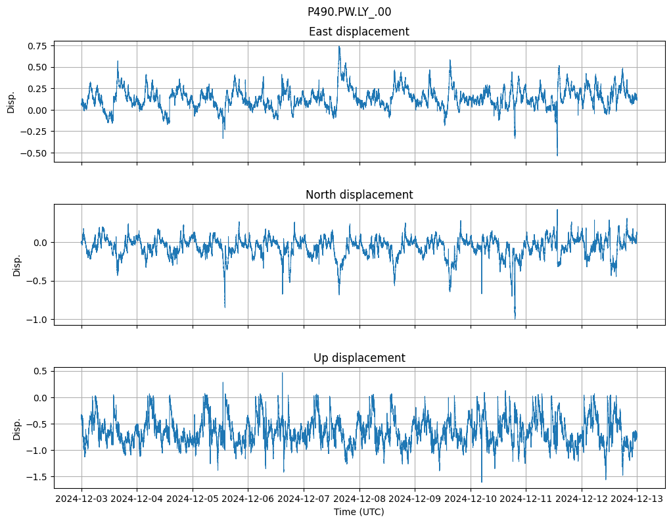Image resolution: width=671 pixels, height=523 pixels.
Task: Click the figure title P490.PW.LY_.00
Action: (x=349, y=12)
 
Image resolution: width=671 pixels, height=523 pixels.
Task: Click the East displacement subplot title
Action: (x=359, y=32)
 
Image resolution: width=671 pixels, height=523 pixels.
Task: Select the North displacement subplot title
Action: (x=359, y=195)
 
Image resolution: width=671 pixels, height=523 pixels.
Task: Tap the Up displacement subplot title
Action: (x=359, y=358)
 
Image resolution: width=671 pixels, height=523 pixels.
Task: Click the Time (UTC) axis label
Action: (x=359, y=511)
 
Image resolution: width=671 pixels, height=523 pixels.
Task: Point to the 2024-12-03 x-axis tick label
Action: (x=81, y=499)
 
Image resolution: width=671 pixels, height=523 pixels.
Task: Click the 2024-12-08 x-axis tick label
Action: (x=359, y=499)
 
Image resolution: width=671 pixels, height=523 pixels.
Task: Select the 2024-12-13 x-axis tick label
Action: (x=637, y=499)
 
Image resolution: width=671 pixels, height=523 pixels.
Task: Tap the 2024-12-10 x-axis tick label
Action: (x=471, y=499)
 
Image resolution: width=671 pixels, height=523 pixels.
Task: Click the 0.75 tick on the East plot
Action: (x=36, y=45)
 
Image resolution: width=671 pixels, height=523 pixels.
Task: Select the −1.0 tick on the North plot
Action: (x=37, y=320)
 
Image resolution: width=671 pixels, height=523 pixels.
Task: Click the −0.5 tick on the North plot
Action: (x=37, y=281)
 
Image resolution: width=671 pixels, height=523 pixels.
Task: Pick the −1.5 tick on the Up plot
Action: (x=37, y=477)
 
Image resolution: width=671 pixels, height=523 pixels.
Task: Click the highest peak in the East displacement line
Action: (x=339, y=47)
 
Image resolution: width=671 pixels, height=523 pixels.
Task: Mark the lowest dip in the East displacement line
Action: (x=557, y=155)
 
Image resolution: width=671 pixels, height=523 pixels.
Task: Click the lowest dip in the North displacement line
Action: (x=515, y=319)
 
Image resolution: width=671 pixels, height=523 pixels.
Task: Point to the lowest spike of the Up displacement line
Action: (x=482, y=482)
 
